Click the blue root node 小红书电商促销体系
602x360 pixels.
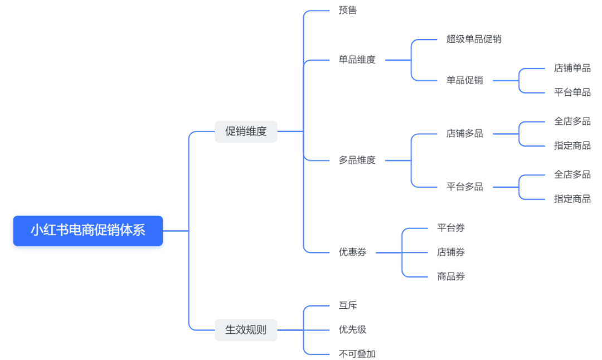pos(88,231)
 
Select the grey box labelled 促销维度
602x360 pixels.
pos(246,132)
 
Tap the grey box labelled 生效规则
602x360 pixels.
pos(246,330)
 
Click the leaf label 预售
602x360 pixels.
pos(348,11)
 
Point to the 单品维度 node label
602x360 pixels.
pos(357,60)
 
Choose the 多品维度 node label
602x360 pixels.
pos(357,160)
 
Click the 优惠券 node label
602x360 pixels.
pos(352,252)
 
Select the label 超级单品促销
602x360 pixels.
pos(474,39)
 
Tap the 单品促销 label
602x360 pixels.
pos(464,80)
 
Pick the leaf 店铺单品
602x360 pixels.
pos(572,69)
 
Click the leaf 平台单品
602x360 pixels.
pos(572,93)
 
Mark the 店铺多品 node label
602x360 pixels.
pos(464,134)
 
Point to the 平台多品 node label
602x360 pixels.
pos(464,187)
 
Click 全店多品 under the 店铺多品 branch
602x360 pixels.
pos(572,121)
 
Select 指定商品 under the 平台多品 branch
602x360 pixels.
pos(572,199)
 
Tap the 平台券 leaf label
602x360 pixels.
pos(451,228)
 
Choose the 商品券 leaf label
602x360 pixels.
pos(451,276)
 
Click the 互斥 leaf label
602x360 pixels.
pos(348,305)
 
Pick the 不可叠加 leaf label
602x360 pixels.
pos(357,354)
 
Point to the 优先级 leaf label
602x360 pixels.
pos(352,330)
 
